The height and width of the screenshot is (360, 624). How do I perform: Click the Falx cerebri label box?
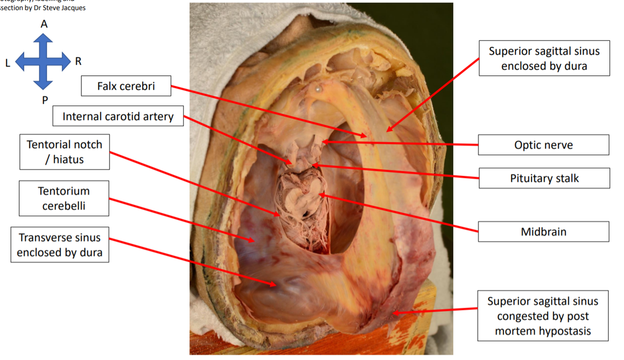(126, 86)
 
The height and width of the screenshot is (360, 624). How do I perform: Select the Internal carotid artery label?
(118, 116)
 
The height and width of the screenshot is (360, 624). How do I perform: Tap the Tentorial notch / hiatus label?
(65, 152)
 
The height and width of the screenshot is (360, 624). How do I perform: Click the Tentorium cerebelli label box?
(64, 198)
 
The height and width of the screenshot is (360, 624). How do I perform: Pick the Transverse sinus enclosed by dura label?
(59, 245)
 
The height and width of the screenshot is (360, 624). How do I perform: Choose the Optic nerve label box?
(543, 145)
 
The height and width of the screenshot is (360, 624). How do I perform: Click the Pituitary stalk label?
(544, 178)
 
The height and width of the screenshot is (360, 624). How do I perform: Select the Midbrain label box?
(543, 231)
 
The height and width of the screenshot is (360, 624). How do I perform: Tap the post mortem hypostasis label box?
(543, 316)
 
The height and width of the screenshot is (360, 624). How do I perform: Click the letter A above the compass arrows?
(44, 24)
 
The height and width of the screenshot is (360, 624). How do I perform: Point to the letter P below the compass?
(45, 100)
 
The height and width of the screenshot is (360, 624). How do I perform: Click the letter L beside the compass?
(8, 63)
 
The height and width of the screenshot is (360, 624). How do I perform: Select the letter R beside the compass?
(78, 61)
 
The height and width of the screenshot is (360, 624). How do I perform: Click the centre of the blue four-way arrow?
(43, 61)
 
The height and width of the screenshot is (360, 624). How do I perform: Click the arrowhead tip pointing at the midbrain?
(319, 194)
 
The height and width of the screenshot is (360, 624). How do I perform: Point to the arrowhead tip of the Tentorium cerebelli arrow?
(255, 241)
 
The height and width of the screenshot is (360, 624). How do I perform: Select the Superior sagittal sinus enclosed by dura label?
(544, 58)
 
